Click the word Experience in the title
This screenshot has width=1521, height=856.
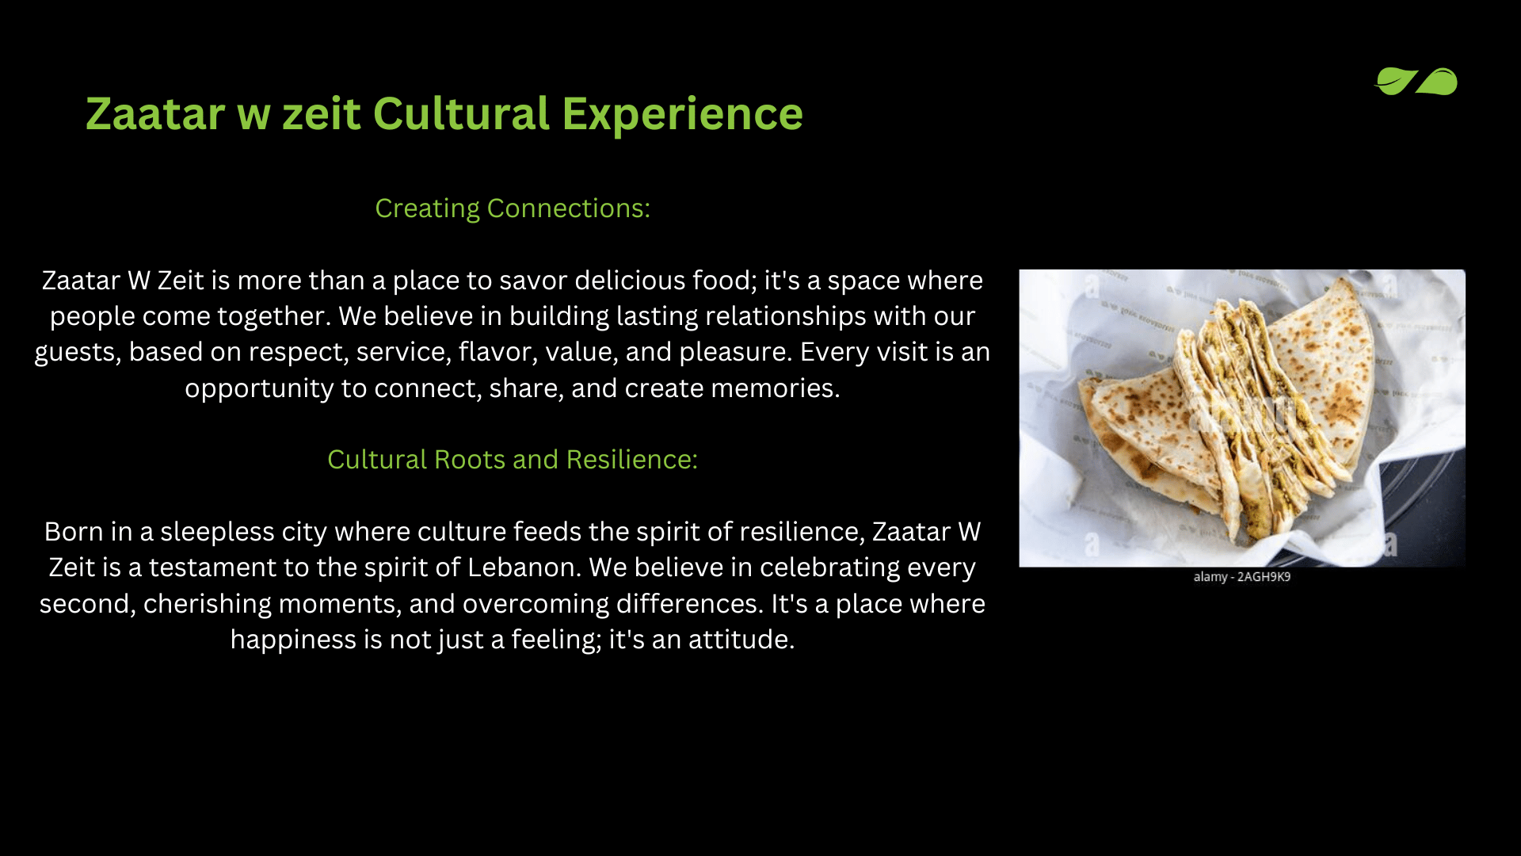pyautogui.click(x=682, y=115)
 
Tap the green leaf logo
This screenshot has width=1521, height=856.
pyautogui.click(x=1416, y=81)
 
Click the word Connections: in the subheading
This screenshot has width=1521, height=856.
pyautogui.click(x=569, y=208)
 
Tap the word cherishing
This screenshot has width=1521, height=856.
pyautogui.click(x=208, y=604)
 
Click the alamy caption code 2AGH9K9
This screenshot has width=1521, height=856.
pyautogui.click(x=1264, y=577)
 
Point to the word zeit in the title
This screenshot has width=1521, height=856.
pyautogui.click(x=322, y=115)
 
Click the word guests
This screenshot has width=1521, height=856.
pyautogui.click(x=78, y=353)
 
